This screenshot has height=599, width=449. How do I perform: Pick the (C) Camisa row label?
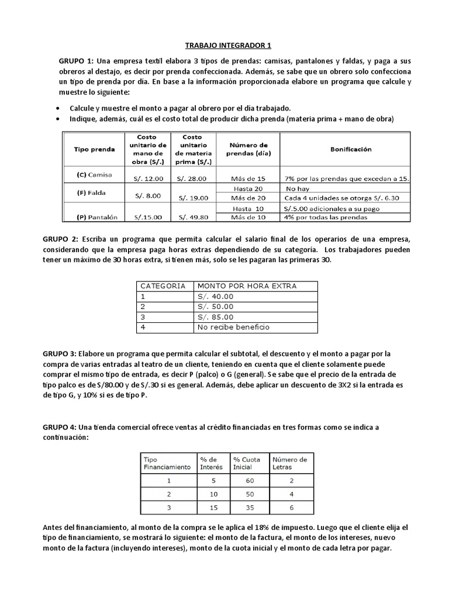point(94,174)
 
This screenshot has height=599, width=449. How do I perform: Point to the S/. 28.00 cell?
point(192,178)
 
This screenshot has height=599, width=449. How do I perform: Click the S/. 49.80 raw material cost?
point(192,218)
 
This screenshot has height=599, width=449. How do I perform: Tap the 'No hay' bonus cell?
point(298,189)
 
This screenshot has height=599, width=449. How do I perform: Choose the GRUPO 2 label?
point(60,239)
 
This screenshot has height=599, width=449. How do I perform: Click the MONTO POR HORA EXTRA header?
point(247,286)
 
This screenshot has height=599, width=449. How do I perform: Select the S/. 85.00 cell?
point(215,317)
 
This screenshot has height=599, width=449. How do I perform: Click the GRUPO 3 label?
point(60,353)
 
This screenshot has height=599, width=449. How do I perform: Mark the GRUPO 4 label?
point(60,427)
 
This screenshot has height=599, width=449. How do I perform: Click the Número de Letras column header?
point(290,463)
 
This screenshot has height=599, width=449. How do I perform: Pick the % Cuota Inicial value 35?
point(250,507)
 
